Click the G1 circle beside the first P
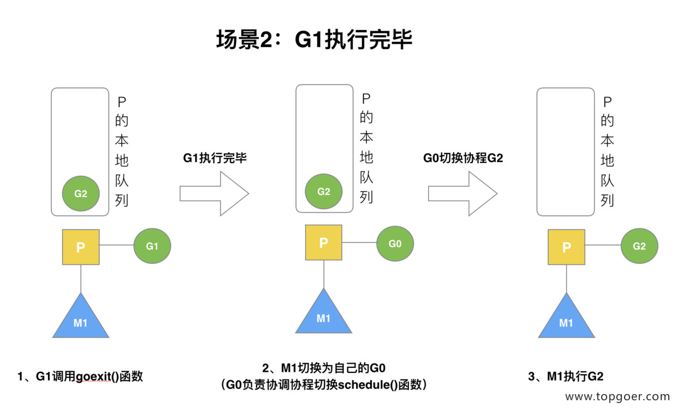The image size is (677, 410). (152, 246)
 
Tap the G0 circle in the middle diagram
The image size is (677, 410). (395, 243)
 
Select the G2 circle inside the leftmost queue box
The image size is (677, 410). (81, 193)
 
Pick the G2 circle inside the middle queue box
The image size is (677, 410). (324, 191)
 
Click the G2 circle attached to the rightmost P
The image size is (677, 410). (639, 246)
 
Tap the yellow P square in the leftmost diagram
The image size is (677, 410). (81, 247)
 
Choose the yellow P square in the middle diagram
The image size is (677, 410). (324, 242)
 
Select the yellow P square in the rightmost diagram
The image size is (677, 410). (566, 247)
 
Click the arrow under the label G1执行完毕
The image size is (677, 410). (214, 194)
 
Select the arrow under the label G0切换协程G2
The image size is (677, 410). (463, 194)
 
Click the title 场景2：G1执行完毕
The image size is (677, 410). (314, 39)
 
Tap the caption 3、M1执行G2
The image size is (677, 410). (566, 377)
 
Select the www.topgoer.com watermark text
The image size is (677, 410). (617, 396)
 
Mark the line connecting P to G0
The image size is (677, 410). (359, 242)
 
